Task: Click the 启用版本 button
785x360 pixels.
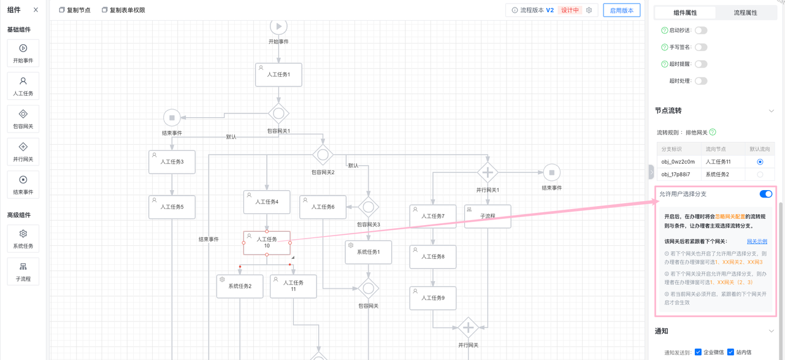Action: [x=621, y=10]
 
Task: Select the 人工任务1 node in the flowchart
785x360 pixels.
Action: [x=278, y=75]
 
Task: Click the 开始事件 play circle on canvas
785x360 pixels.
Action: [x=278, y=26]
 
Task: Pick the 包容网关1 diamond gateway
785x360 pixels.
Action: [x=278, y=113]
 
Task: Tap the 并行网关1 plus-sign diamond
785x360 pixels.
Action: [x=488, y=172]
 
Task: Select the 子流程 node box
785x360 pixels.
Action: [x=488, y=216]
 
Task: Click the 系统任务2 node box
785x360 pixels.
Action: [x=240, y=286]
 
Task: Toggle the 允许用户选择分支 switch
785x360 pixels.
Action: [x=765, y=194]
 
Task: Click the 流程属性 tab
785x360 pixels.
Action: [x=745, y=13]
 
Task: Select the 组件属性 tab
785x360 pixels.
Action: [x=685, y=13]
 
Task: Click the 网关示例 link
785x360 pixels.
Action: [x=757, y=242]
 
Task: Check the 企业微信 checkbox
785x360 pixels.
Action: [x=698, y=352]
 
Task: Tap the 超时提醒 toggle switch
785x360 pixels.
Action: [x=700, y=64]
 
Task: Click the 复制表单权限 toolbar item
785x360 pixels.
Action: [x=123, y=10]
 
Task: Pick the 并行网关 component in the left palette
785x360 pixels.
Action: [x=23, y=151]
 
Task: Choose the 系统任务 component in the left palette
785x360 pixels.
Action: [x=23, y=238]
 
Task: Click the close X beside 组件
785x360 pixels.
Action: [x=36, y=10]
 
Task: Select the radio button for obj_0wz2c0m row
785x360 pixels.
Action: [x=760, y=162]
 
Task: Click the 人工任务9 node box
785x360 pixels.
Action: [x=433, y=298]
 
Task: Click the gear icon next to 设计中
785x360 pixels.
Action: [x=589, y=10]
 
